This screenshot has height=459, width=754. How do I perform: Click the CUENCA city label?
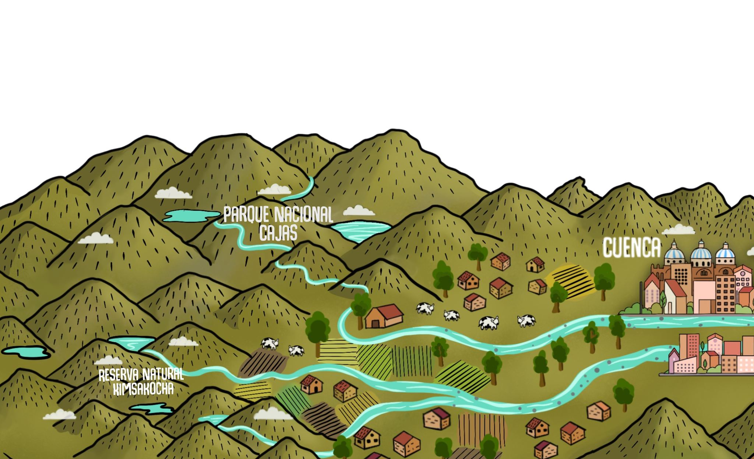click(x=632, y=248)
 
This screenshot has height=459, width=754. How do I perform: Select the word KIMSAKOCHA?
click(x=143, y=389)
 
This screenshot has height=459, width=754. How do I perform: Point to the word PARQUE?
click(x=243, y=215)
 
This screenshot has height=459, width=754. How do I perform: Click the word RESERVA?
click(x=119, y=375)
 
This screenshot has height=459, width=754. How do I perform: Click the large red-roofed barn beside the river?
click(x=384, y=316)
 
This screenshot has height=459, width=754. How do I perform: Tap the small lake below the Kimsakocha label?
click(x=152, y=408)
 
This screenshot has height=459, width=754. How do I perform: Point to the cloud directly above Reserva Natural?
click(x=108, y=360)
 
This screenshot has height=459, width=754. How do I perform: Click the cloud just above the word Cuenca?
click(x=678, y=230)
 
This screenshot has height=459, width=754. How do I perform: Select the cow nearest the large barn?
click(x=425, y=308)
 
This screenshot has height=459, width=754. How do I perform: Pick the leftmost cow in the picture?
click(x=269, y=344)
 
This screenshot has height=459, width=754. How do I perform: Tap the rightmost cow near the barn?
click(x=526, y=320)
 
